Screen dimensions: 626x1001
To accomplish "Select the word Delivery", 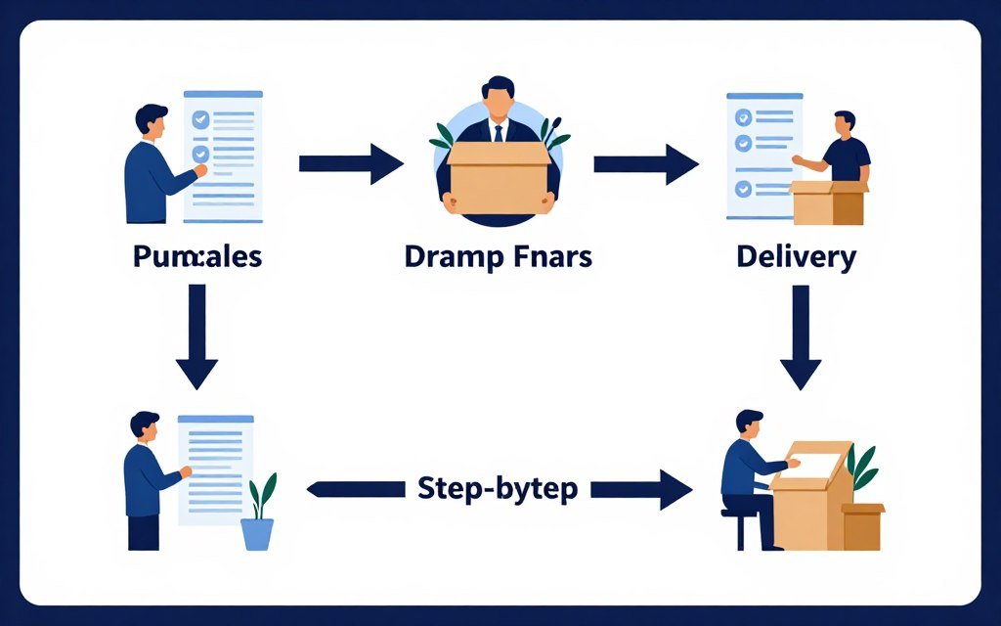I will (797, 257).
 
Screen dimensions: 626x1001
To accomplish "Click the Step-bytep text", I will (498, 487).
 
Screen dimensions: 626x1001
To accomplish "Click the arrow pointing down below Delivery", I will (801, 337).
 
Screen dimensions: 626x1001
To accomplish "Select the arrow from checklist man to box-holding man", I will (350, 163).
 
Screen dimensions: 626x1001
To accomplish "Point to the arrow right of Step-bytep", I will (641, 487).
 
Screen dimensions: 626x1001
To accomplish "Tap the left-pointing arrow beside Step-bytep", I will (356, 487).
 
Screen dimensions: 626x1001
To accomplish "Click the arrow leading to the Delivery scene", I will (645, 163).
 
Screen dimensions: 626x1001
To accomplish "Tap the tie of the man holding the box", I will (499, 132).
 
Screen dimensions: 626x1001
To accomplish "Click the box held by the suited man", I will (499, 170).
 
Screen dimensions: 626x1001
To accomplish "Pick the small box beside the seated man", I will (862, 525).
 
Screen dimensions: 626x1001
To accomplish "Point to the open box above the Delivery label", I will (828, 201).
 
